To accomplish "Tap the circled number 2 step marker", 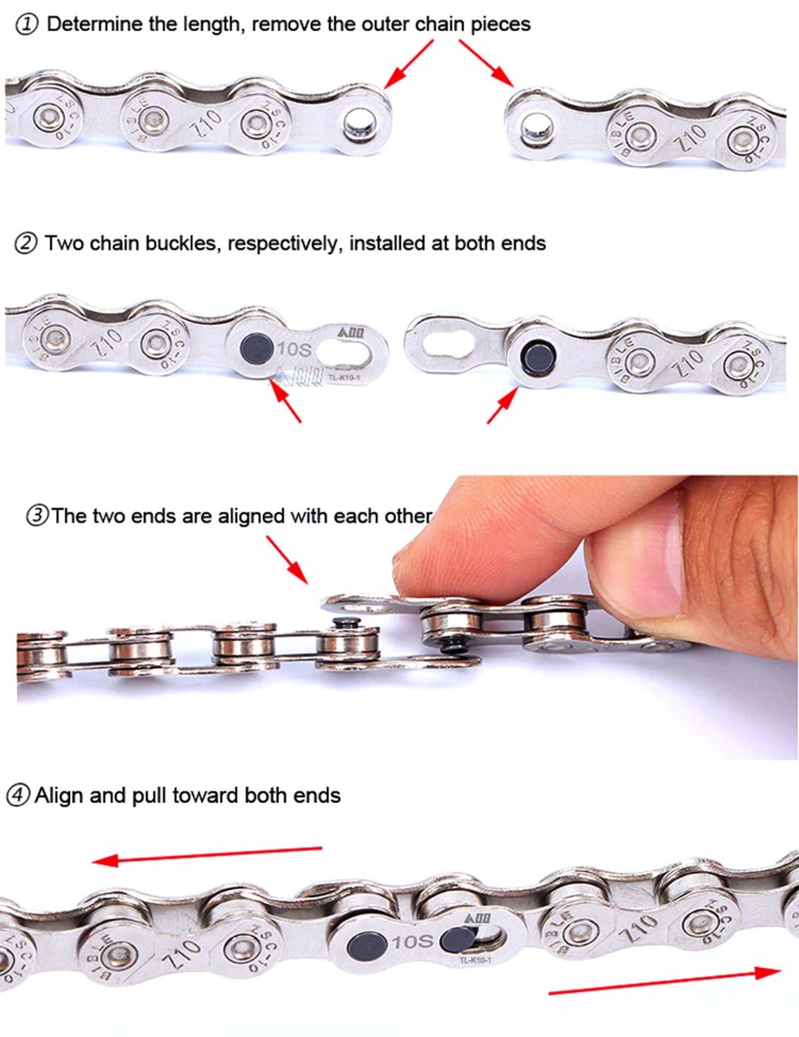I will click(x=27, y=244).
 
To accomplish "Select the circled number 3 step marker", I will click(x=37, y=517).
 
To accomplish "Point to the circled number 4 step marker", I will click(x=17, y=795).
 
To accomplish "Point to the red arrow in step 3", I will click(x=287, y=558).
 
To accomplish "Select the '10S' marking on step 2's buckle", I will click(x=292, y=349).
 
